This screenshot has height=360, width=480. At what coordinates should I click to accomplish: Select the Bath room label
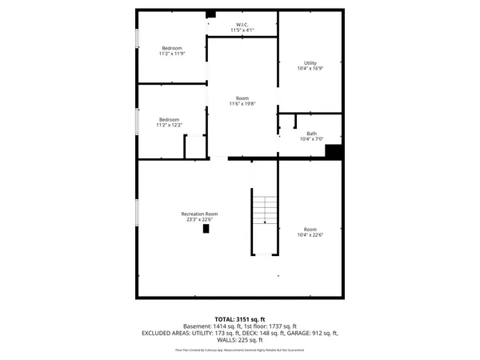point(311,133)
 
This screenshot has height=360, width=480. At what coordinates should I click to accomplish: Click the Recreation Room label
point(199,214)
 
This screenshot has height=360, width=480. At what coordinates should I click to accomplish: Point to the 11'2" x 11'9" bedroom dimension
point(172,54)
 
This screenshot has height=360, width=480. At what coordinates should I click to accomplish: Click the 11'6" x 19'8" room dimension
point(242,104)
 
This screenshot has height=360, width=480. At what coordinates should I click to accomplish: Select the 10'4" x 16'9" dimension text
point(310,69)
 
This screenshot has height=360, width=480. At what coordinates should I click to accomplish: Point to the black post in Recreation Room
point(206,228)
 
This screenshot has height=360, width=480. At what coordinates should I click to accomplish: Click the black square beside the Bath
point(334,151)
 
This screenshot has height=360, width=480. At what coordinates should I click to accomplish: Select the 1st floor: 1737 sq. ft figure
point(274,326)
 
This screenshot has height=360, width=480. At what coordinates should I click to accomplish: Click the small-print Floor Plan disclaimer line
point(240,350)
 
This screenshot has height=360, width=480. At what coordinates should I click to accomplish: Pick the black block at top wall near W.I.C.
point(211,14)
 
